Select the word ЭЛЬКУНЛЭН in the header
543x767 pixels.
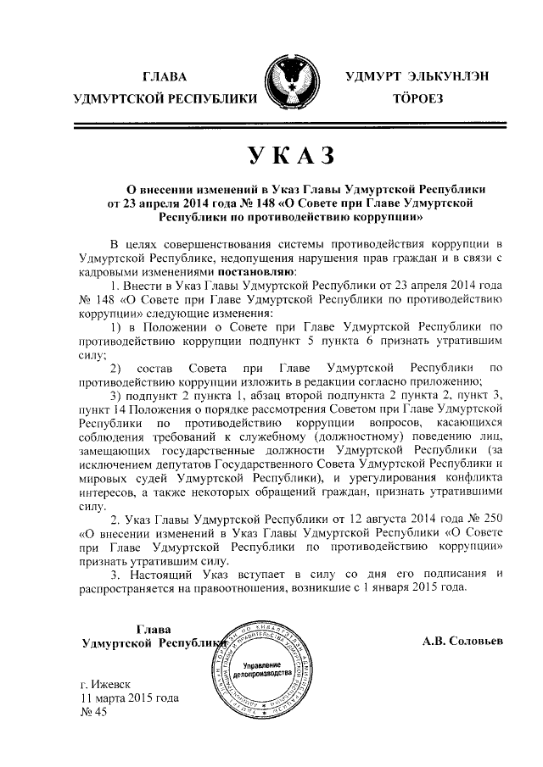point(447,76)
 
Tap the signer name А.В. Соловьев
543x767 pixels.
point(462,641)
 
